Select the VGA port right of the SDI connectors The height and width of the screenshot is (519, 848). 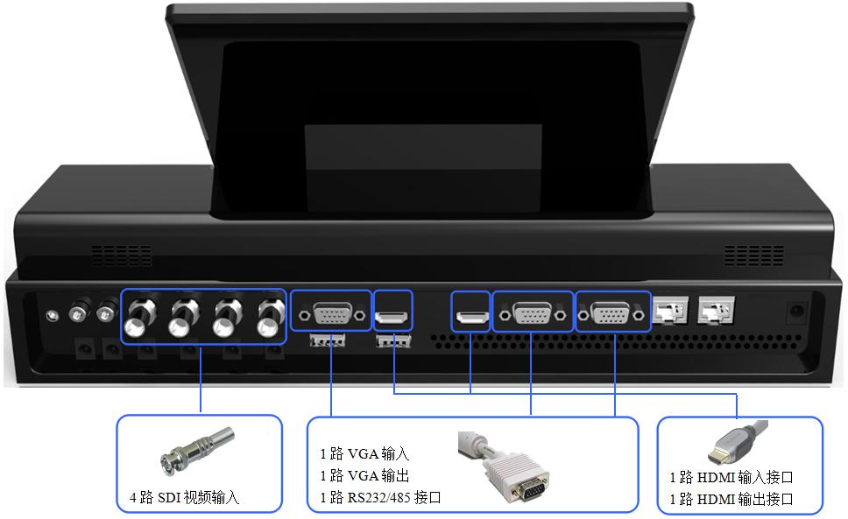[331, 312]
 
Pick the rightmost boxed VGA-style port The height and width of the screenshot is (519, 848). [612, 312]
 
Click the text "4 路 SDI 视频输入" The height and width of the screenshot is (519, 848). [179, 500]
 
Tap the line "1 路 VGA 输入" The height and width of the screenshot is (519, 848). [364, 454]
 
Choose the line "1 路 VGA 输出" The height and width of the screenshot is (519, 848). [364, 476]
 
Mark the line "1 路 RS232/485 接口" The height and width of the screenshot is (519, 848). [380, 498]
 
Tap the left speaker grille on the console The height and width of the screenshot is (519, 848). [122, 256]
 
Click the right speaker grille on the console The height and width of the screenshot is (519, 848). [753, 256]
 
